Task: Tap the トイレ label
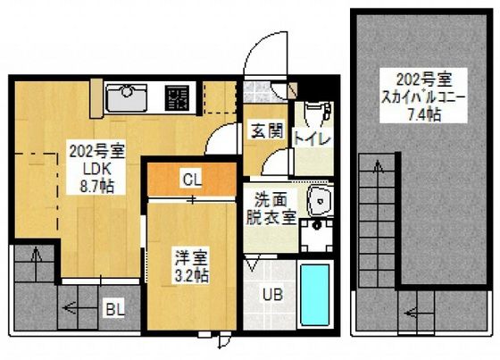coord(313,139)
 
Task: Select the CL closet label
coord(192,178)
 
